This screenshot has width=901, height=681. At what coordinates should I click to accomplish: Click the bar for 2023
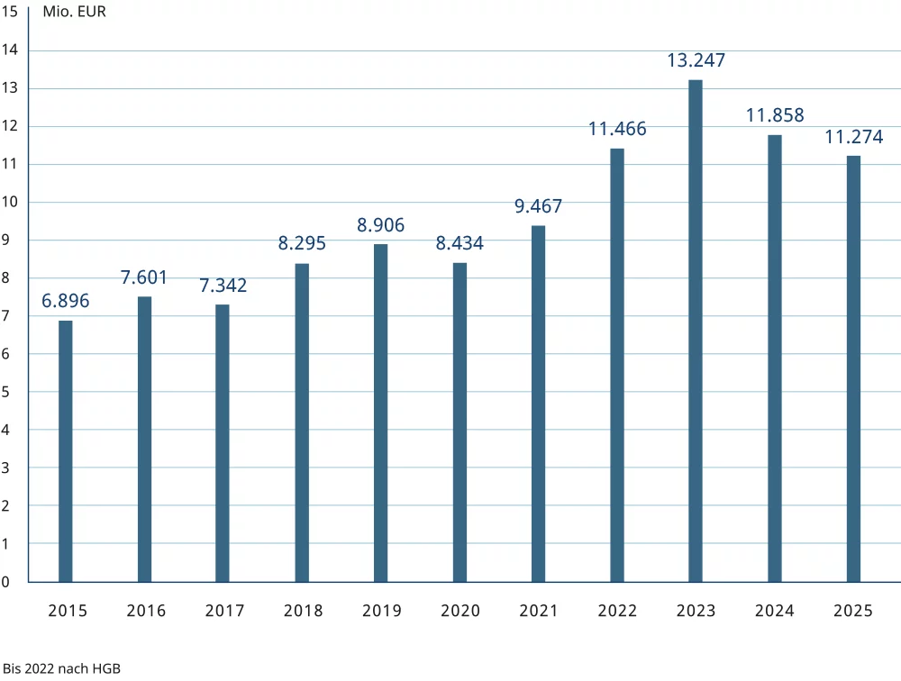click(x=696, y=331)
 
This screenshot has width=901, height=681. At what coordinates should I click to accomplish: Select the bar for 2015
click(x=66, y=451)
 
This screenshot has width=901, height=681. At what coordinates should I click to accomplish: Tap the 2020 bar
click(x=460, y=422)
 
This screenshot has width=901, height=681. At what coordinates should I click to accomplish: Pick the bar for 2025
click(x=853, y=369)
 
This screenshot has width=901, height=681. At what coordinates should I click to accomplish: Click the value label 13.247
click(x=696, y=60)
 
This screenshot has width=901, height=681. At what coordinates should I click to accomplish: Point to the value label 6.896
click(x=66, y=301)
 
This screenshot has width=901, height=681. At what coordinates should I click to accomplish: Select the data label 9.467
click(x=539, y=205)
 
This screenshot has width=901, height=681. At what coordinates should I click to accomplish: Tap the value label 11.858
click(x=775, y=115)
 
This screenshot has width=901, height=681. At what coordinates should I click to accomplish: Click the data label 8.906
click(x=380, y=224)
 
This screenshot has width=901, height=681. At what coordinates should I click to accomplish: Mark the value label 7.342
click(x=223, y=285)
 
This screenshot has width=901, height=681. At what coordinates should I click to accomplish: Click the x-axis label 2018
click(x=304, y=611)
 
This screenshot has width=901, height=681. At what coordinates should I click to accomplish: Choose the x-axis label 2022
click(x=617, y=611)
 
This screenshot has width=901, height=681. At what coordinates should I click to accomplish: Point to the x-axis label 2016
click(x=146, y=611)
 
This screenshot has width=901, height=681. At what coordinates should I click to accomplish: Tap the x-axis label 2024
click(x=775, y=611)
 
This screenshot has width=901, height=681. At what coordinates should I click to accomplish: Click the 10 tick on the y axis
click(x=10, y=202)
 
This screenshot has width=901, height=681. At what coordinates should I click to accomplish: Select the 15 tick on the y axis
click(x=10, y=12)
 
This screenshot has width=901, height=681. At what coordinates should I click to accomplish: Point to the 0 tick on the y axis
click(x=5, y=582)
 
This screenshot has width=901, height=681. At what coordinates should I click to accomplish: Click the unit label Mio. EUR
click(x=74, y=12)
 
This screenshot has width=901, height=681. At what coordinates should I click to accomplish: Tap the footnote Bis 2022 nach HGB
click(x=61, y=668)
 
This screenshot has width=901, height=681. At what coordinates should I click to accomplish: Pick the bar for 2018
click(x=302, y=423)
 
